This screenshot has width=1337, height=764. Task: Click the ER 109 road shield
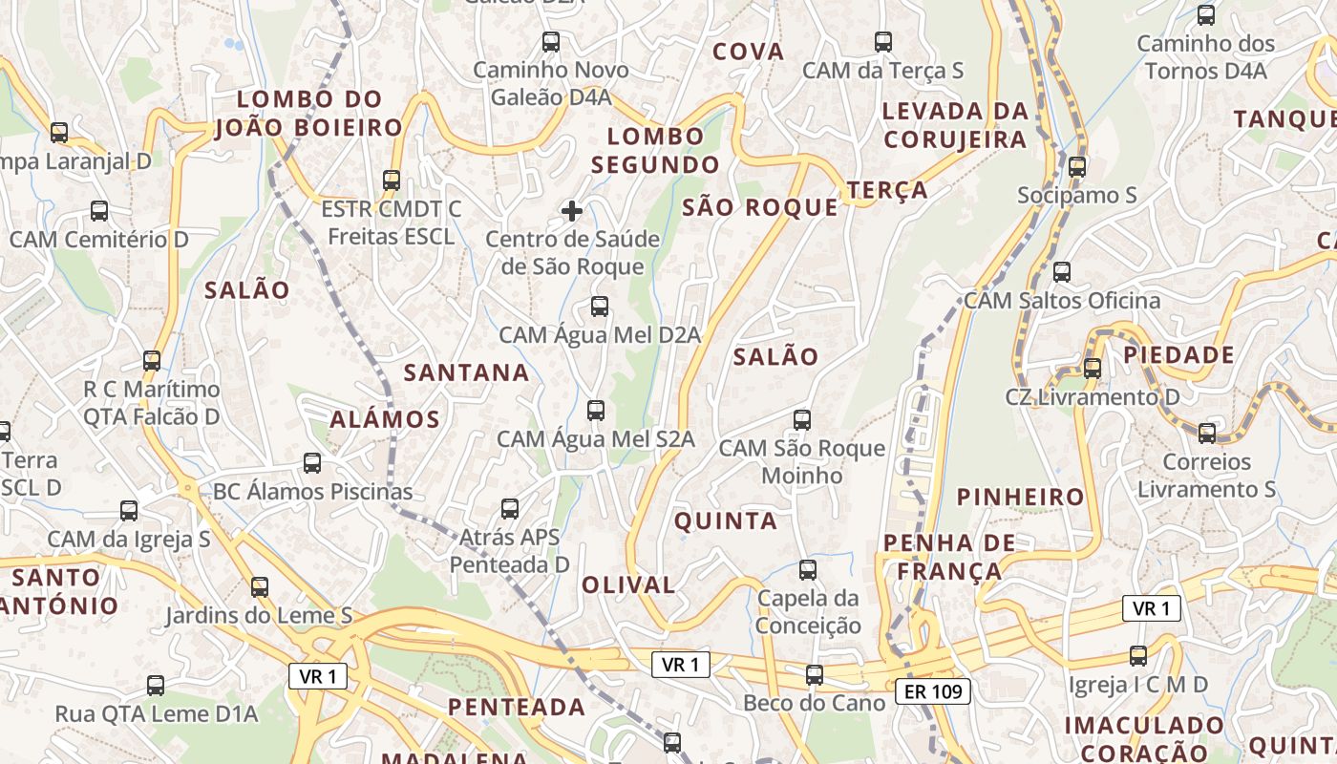click(933, 691)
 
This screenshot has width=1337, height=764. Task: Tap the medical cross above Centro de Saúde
click(572, 210)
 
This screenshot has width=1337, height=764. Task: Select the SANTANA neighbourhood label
click(466, 372)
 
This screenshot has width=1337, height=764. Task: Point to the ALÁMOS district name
click(385, 418)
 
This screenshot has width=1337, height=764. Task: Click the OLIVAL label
click(628, 584)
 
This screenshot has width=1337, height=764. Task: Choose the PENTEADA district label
click(517, 707)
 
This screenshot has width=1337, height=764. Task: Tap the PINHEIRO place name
click(1021, 497)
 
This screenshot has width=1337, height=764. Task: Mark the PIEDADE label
click(1178, 355)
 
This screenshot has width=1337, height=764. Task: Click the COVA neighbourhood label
click(749, 52)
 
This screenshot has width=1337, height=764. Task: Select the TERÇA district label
click(887, 189)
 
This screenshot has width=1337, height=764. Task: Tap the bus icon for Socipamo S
click(1077, 166)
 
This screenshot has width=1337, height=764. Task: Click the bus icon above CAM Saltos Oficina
click(1062, 272)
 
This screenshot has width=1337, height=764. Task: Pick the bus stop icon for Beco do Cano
click(814, 674)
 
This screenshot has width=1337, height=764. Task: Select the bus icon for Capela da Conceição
click(808, 570)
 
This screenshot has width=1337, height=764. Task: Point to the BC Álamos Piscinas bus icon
click(312, 463)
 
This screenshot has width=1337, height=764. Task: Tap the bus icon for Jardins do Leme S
click(259, 586)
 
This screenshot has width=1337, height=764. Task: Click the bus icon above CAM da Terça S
click(883, 42)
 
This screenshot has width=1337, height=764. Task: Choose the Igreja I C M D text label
click(1137, 684)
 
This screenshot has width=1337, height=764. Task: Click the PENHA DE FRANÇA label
click(943, 557)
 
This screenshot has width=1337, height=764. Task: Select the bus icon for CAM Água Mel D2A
click(600, 307)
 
